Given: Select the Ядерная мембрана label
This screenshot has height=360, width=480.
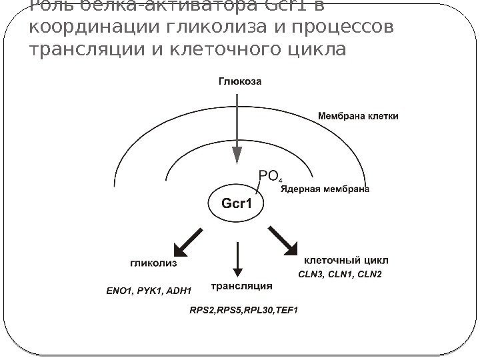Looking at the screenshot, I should [325, 189].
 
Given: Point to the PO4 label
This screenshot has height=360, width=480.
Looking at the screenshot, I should [270, 176].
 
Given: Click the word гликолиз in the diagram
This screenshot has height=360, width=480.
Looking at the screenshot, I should [153, 263].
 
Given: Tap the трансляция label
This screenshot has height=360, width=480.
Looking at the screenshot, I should [242, 287].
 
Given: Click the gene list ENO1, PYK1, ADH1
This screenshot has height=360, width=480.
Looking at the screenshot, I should [149, 291].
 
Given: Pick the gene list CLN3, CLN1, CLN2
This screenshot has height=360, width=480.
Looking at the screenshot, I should [340, 275].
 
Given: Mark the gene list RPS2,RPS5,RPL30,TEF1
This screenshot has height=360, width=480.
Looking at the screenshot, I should [244, 309].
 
